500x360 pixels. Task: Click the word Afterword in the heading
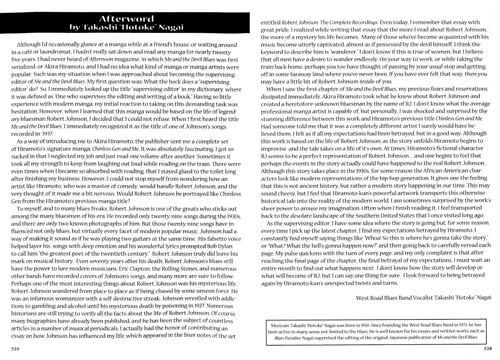(x=126, y=19)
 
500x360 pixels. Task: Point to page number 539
(x=15, y=349)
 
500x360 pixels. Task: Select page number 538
(x=488, y=348)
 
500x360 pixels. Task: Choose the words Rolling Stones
(x=177, y=269)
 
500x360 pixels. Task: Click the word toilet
(x=216, y=171)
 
